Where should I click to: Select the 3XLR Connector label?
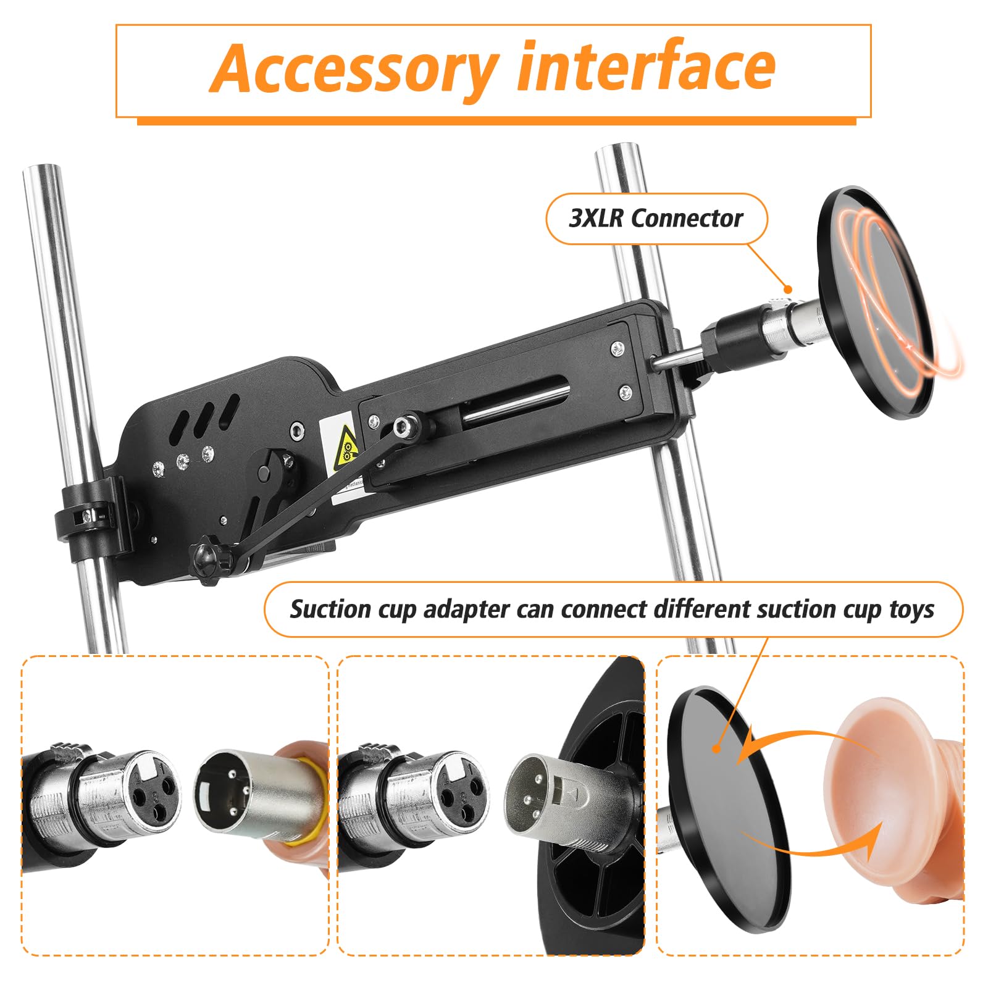point(656,218)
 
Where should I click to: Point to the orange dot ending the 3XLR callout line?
point(787,289)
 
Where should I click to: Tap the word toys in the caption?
point(912,609)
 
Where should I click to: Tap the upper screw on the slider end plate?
point(616,348)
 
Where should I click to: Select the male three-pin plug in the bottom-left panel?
point(225,792)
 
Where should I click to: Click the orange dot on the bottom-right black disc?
point(716,748)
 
